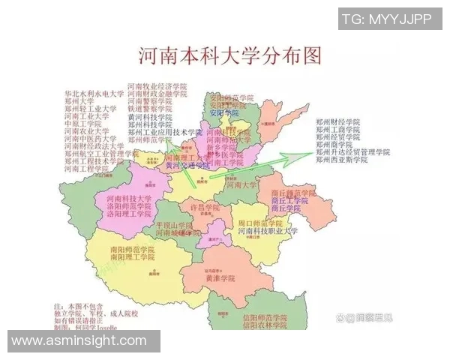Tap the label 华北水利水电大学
point(94,94)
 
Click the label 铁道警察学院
point(150,109)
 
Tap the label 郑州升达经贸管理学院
point(352,152)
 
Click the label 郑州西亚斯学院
point(341,160)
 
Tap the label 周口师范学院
point(259,223)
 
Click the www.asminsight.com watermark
point(79,341)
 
